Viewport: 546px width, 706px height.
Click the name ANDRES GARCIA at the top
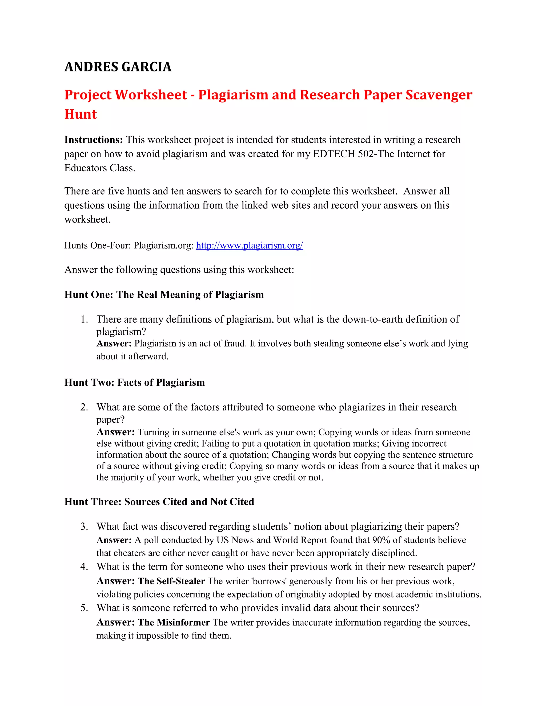pyautogui.click(x=118, y=67)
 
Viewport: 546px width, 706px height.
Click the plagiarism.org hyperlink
pyautogui.click(x=249, y=245)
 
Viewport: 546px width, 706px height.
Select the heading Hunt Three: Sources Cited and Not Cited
pyautogui.click(x=159, y=502)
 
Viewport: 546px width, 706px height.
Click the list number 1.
pyautogui.click(x=84, y=319)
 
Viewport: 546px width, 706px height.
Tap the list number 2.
pyautogui.click(x=84, y=407)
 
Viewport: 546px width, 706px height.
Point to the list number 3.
pyautogui.click(x=84, y=527)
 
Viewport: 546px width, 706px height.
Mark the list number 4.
pyautogui.click(x=84, y=567)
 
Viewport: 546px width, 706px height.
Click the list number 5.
pyautogui.click(x=84, y=608)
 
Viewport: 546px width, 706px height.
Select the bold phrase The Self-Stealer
pyautogui.click(x=171, y=581)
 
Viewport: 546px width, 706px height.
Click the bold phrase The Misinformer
pyautogui.click(x=174, y=623)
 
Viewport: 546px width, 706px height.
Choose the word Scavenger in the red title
pyautogui.click(x=439, y=95)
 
